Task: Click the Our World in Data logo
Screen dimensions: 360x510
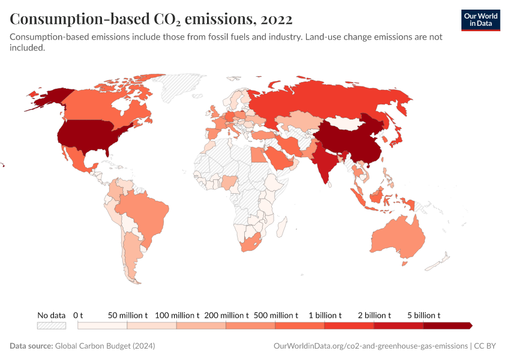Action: [x=480, y=20]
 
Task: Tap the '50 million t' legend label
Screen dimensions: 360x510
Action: [x=128, y=315]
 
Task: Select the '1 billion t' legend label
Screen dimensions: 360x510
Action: [x=325, y=315]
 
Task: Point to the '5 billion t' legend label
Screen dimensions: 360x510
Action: [x=424, y=315]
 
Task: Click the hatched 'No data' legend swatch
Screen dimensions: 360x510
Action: [x=51, y=325]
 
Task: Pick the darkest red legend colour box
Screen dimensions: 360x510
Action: [x=447, y=325]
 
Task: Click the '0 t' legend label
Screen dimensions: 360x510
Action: [x=78, y=315]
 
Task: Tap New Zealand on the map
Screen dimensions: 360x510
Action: [x=443, y=259]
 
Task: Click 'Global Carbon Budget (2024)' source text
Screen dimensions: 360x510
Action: [x=105, y=346]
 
